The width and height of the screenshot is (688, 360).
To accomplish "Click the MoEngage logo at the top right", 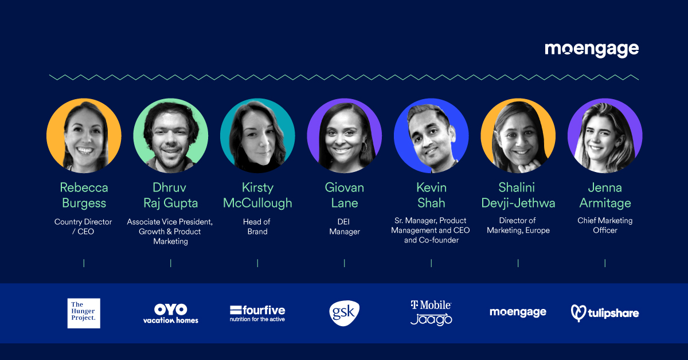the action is click(x=592, y=50).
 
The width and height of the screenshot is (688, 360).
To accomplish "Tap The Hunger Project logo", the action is click(x=84, y=313).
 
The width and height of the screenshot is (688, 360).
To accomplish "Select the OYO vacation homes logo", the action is click(x=171, y=314).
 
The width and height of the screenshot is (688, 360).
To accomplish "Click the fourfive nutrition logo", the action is click(x=257, y=314).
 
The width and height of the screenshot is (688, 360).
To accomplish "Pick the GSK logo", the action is click(x=345, y=313).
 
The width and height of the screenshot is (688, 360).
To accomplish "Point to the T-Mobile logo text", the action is click(x=431, y=305).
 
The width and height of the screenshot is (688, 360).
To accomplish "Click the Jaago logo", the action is click(x=431, y=319).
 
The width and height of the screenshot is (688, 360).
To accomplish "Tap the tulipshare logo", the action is click(x=605, y=313).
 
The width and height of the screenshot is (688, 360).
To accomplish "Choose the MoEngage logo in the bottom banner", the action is click(x=518, y=312).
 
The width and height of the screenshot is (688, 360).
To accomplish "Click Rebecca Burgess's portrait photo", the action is click(x=84, y=135).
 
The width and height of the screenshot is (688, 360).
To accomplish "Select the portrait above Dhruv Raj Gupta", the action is click(x=171, y=135).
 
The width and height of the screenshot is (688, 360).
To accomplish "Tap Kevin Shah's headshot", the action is click(x=431, y=135).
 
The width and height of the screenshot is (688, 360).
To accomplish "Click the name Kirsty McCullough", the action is click(x=257, y=195).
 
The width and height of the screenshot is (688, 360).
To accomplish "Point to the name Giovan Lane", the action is click(x=345, y=195).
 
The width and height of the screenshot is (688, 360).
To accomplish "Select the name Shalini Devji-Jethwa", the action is click(x=518, y=195).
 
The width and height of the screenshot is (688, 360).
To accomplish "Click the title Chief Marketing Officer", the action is click(x=605, y=225).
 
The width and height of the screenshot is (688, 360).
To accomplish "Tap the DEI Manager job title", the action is click(x=345, y=226).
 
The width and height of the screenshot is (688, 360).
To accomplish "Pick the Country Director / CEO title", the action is click(x=83, y=226).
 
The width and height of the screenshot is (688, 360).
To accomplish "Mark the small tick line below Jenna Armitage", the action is click(x=605, y=263).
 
